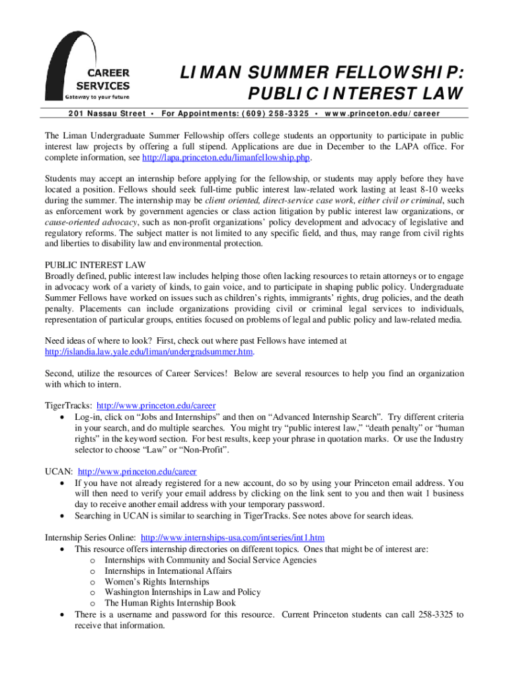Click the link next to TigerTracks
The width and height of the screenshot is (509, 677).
coord(156,406)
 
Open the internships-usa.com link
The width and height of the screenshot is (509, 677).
coord(233,538)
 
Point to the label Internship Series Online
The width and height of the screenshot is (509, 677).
coord(90,538)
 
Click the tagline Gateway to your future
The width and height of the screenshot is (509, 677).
coord(97,97)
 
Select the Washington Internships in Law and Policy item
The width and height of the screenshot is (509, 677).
coord(182,592)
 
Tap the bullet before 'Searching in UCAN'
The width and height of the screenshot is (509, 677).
coord(61,516)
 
